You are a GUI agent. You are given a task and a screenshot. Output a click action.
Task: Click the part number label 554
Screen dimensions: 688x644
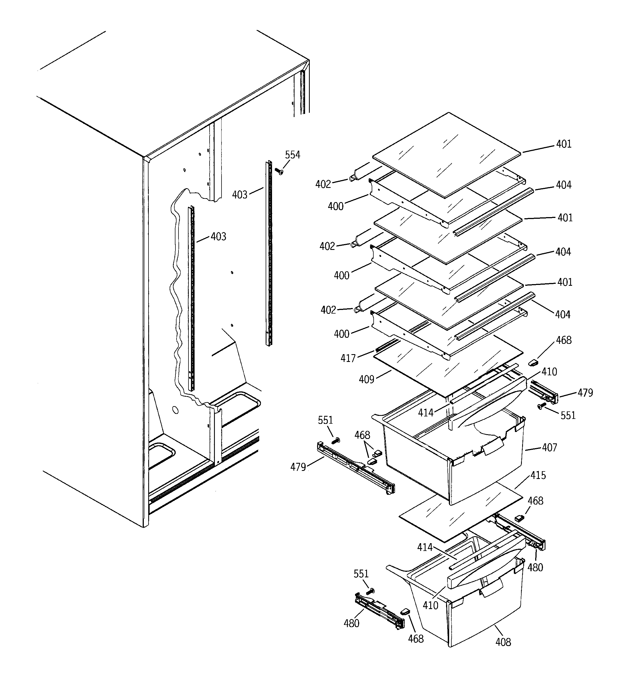[293, 155]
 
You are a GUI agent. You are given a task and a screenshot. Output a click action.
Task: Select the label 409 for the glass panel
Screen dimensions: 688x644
[366, 380]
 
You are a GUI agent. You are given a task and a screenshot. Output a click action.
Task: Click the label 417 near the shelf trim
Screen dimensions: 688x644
[348, 358]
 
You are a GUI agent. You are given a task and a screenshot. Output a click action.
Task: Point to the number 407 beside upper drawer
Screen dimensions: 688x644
[549, 448]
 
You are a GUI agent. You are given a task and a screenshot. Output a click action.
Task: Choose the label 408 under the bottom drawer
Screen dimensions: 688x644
[503, 642]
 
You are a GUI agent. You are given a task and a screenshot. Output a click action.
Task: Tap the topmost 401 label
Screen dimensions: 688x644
[564, 144]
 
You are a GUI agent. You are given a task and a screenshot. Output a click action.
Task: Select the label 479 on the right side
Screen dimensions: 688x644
[585, 393]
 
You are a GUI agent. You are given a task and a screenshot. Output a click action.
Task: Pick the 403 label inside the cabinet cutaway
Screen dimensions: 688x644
[218, 237]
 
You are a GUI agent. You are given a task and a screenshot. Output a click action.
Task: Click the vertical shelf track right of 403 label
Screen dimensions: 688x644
[269, 253]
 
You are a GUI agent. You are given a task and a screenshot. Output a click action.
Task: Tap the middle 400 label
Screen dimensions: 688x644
[341, 275]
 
